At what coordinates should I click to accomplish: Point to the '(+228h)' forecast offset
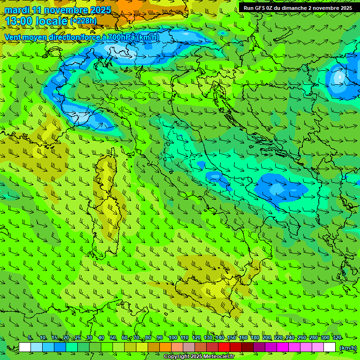click(x=83, y=21)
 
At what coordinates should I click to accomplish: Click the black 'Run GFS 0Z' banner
click(x=298, y=7)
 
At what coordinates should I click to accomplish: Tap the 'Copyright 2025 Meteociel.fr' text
click(x=199, y=356)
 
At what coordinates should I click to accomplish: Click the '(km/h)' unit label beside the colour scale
click(x=348, y=348)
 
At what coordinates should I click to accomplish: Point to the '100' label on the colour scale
click(x=173, y=337)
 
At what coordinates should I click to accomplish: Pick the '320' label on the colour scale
click(x=337, y=337)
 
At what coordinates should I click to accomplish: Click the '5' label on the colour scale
click(x=30, y=337)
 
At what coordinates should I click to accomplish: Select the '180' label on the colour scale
click(x=255, y=337)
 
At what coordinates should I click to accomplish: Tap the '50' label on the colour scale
click(x=113, y=337)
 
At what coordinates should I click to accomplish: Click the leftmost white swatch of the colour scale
click(x=25, y=347)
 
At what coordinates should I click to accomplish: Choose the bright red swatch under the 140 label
click(x=224, y=347)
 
